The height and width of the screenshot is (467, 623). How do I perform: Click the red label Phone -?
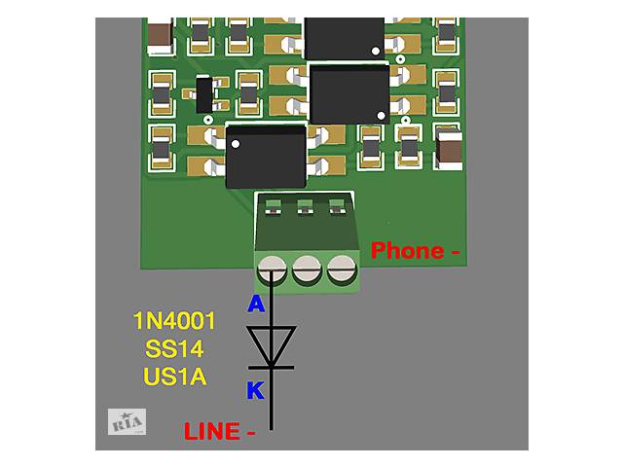[415, 251]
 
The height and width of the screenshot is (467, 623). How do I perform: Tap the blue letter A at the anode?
[256, 305]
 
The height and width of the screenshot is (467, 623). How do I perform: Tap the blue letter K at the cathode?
[255, 391]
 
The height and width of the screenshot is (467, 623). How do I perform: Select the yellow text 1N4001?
[174, 321]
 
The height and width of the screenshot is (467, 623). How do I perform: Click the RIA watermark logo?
[127, 422]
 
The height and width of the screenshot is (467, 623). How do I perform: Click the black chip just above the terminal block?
[265, 157]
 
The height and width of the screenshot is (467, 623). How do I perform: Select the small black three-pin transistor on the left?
[203, 95]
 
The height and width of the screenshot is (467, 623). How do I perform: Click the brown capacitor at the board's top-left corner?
[162, 39]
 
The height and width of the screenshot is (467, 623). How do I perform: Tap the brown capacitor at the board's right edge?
[449, 149]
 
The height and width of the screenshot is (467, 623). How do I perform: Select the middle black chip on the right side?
[348, 93]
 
